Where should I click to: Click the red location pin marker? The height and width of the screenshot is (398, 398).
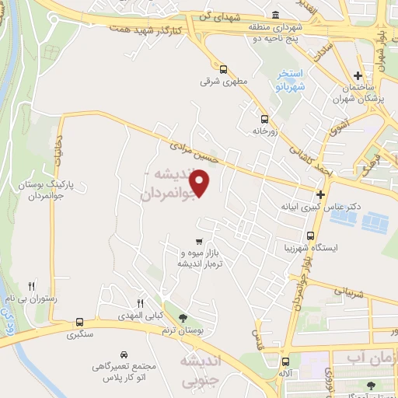click(x=201, y=183)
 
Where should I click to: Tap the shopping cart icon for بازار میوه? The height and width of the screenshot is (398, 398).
click(x=200, y=241)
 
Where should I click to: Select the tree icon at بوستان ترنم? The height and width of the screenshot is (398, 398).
click(x=183, y=317)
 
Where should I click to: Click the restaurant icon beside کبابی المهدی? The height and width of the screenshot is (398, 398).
click(x=141, y=303)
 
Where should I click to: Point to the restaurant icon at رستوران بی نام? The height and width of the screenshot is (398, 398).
click(x=32, y=285)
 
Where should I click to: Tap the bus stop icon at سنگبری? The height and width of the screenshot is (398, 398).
click(x=79, y=322)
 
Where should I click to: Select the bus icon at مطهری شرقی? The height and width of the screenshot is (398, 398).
click(x=224, y=68)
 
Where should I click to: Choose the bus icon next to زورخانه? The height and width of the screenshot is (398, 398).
click(x=265, y=120)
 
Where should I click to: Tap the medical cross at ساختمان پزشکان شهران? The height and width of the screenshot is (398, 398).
click(x=357, y=76)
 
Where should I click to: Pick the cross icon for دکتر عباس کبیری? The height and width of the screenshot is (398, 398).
click(x=319, y=194)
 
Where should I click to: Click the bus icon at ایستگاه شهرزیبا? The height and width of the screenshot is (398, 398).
click(x=311, y=235)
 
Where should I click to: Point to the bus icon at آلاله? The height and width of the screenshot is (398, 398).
click(x=286, y=361)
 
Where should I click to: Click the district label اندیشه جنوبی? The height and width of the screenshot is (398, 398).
click(x=201, y=372)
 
